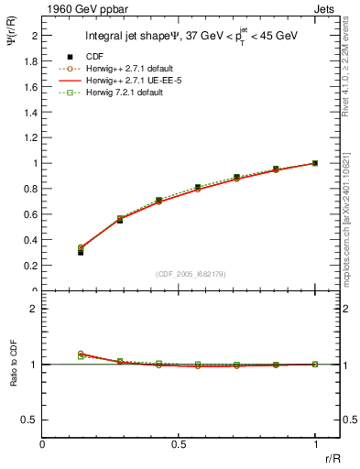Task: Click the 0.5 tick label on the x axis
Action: pyautogui.click(x=179, y=444)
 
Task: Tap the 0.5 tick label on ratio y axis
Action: pyautogui.click(x=29, y=420)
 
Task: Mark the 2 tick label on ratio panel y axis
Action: pyautogui.click(x=34, y=309)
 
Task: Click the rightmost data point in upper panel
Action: pyautogui.click(x=315, y=163)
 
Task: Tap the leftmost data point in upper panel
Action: pyautogui.click(x=81, y=251)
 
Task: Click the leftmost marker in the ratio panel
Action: pyautogui.click(x=81, y=354)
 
